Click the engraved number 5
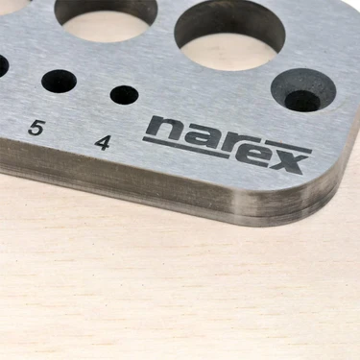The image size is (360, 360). tap(36, 127)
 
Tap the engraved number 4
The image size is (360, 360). tap(103, 142)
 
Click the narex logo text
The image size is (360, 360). tap(227, 144)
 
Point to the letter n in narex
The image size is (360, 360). tap(164, 129)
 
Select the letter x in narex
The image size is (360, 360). tap(290, 161)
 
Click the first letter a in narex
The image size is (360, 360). tap(194, 136)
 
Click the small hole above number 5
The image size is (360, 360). tap(59, 82)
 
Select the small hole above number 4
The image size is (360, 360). tap(124, 94)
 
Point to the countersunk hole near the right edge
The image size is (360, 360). tap(303, 90)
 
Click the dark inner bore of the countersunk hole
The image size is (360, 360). tap(303, 100)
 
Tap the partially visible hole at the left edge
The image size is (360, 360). tap(3, 65)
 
